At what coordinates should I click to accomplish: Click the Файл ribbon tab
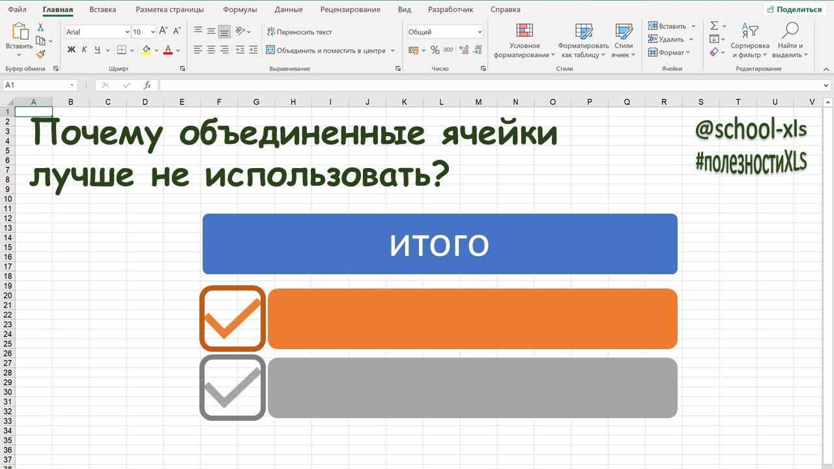18,10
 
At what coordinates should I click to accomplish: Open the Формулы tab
240,10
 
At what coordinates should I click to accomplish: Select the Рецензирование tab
350,10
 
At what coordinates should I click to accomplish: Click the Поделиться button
794,10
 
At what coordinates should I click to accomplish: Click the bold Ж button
72,50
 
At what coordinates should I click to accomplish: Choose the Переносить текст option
299,32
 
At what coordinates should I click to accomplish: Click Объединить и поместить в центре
330,50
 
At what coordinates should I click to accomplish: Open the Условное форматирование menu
525,41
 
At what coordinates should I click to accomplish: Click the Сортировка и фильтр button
749,41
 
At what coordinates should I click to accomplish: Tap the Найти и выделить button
790,41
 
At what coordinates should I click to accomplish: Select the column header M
479,102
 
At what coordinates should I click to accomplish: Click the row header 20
8,295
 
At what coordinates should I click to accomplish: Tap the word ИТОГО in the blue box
439,245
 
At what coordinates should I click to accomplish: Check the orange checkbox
233,319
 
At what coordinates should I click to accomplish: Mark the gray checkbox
233,388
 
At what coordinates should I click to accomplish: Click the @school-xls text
751,130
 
